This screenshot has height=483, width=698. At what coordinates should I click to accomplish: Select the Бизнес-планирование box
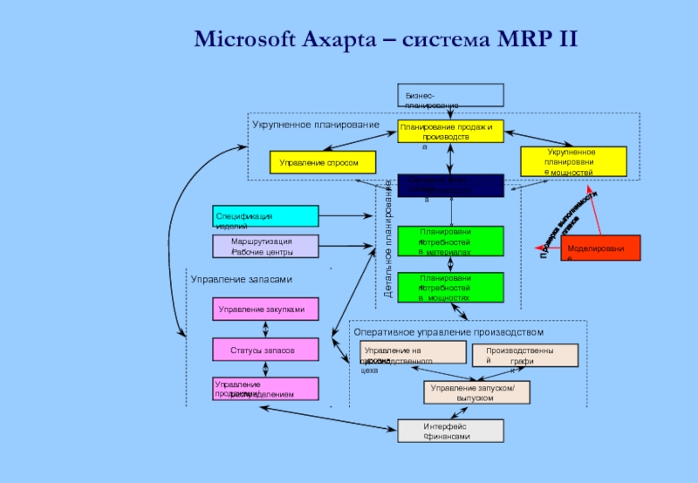coord(450,95)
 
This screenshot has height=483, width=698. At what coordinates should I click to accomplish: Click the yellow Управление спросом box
coord(321,162)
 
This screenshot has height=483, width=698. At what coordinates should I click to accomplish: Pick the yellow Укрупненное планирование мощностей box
coord(573,162)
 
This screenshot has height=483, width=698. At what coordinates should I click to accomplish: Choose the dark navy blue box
coord(450,186)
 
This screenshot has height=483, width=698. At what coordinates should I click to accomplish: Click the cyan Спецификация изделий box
coord(265,216)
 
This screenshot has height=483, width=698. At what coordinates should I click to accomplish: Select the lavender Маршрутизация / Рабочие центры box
coord(265,246)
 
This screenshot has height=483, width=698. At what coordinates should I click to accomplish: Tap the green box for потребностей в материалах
coord(450,241)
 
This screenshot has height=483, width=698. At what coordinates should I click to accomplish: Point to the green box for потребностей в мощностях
coord(450,287)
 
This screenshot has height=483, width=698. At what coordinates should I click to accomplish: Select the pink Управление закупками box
coord(265,309)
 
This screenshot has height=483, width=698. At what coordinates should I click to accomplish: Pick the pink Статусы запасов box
coord(265,350)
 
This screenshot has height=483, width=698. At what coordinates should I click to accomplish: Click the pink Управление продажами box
coord(265,389)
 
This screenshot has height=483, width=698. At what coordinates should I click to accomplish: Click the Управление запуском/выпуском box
coord(477,392)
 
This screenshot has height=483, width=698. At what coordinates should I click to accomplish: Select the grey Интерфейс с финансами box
coord(450,431)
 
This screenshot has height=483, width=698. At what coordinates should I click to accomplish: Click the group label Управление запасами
coord(242,280)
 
